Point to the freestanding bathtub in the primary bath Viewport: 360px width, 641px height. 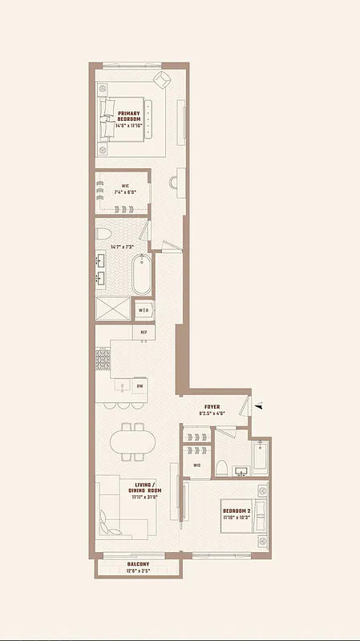(142, 275)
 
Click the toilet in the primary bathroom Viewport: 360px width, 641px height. (102, 234)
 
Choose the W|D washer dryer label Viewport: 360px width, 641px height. (144, 310)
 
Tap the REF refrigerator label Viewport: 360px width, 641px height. (144, 332)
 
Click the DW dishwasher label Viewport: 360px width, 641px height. (140, 386)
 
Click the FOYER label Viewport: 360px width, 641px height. (212, 407)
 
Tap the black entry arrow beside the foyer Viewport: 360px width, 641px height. (258, 407)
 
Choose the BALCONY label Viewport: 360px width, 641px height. (137, 564)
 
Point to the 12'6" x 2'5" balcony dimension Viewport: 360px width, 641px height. (137, 570)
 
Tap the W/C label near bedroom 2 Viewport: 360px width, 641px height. (197, 466)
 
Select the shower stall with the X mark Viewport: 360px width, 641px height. (113, 309)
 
